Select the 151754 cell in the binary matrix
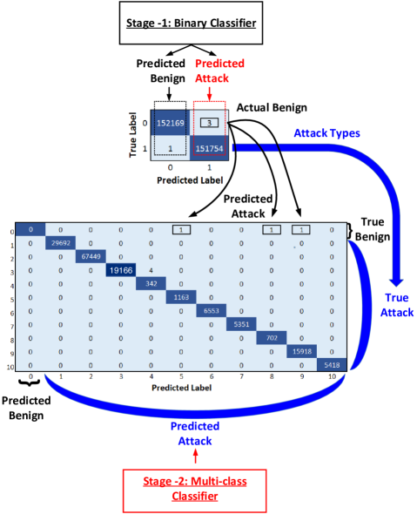[209, 148]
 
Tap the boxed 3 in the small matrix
[209, 123]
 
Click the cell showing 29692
[60, 243]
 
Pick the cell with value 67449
[90, 256]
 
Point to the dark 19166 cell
[120, 270]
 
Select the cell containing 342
[150, 283]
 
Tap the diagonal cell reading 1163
[180, 297]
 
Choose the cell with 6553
[211, 310]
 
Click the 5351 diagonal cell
[240, 324]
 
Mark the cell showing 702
[271, 337]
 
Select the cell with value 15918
[300, 351]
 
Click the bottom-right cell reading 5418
[331, 364]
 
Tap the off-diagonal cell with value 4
[150, 270]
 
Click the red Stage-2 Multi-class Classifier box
[193, 489]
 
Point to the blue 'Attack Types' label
[326, 133]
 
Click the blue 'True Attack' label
[396, 305]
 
